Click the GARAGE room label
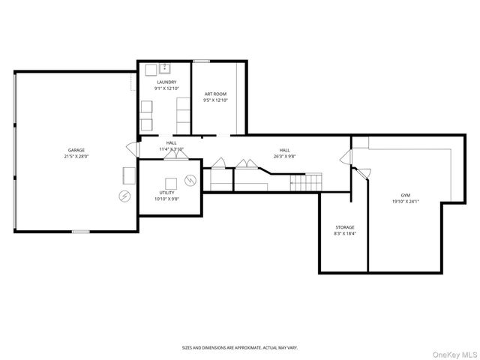[76, 150]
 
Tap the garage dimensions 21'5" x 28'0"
[76, 157]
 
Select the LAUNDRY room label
[166, 82]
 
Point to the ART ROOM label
[216, 94]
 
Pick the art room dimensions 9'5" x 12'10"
[216, 100]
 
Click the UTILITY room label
[166, 192]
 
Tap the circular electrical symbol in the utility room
[190, 180]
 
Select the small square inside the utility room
[171, 181]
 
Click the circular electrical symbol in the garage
[124, 196]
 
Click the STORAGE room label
[344, 227]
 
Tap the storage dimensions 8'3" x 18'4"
[344, 234]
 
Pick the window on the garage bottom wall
[80, 232]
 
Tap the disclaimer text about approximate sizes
[239, 347]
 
